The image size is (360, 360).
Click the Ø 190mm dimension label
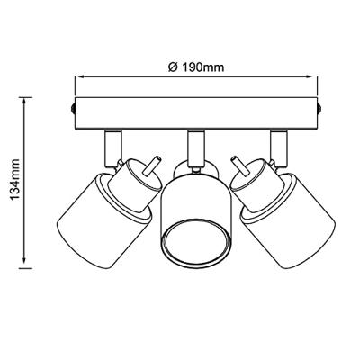tap(196, 67)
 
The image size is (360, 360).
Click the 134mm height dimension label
tap(15, 180)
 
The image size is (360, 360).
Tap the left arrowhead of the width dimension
tap(79, 77)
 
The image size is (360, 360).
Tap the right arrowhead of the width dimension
tap(313, 77)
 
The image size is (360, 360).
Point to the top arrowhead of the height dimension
tap(24, 102)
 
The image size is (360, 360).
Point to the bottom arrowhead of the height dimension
tap(24, 263)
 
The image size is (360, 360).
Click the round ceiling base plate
tap(196, 113)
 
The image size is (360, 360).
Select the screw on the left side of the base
tap(73, 109)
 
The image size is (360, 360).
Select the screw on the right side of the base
tap(319, 109)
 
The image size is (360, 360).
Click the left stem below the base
tap(113, 148)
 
